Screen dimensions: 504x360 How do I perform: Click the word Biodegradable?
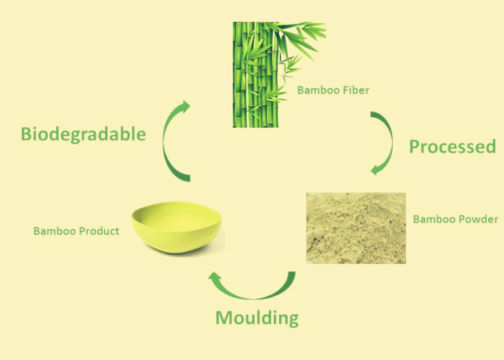83,134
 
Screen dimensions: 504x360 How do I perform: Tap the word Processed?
452,146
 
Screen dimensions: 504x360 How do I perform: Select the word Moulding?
257,318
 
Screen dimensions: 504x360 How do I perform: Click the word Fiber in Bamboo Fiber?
356,90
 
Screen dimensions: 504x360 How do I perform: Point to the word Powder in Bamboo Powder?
479,220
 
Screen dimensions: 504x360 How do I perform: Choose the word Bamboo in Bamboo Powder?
435,220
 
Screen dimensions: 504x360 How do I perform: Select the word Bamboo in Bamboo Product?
55,231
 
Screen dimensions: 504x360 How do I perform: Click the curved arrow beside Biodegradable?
165,142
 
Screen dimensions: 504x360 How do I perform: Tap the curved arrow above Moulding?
254,297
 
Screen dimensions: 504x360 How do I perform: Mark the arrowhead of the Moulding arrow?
215,277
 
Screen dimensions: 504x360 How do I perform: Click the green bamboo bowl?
177,228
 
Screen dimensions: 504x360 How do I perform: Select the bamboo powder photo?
356,228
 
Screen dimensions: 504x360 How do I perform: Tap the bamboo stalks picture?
279,74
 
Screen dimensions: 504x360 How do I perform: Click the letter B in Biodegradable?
26,134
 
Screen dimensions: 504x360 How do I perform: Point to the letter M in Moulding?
224,318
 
